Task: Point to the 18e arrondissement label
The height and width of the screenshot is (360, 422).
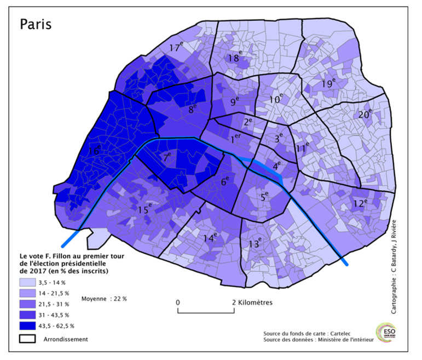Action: (x=234, y=57)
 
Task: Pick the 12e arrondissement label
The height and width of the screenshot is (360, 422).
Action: (x=360, y=203)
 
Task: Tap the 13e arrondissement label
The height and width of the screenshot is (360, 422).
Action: (x=255, y=244)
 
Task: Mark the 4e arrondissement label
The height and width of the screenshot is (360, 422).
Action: (x=277, y=163)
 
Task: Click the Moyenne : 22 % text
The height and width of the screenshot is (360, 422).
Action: (x=104, y=299)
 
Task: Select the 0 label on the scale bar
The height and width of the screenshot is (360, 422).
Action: (x=178, y=302)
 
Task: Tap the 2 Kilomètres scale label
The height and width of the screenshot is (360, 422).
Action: (x=252, y=302)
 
